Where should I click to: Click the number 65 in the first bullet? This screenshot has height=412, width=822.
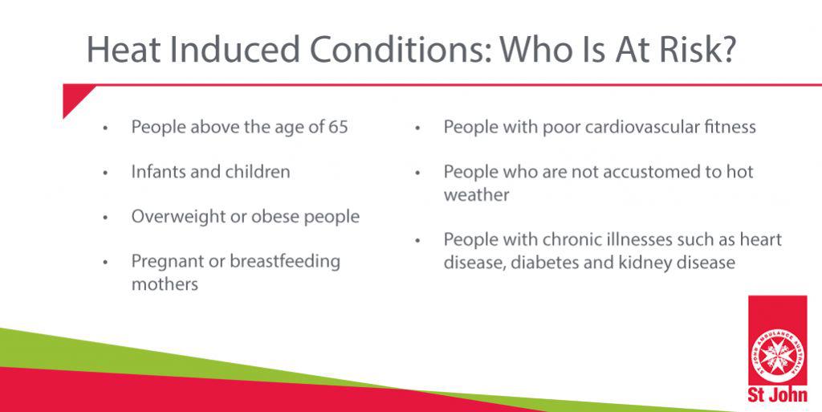tap(338, 127)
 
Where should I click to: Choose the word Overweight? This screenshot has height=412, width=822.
tap(178, 217)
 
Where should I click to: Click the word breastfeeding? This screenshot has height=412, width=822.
tap(285, 261)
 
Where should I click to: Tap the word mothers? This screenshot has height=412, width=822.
tap(165, 284)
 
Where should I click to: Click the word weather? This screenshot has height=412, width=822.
tap(477, 195)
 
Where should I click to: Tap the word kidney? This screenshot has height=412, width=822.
tap(643, 262)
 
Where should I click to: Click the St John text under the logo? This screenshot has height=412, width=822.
tap(777, 394)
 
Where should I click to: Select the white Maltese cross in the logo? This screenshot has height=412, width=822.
tap(777, 356)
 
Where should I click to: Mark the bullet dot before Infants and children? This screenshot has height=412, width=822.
tap(105, 173)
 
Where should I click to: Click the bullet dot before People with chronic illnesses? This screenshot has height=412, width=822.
tap(417, 240)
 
